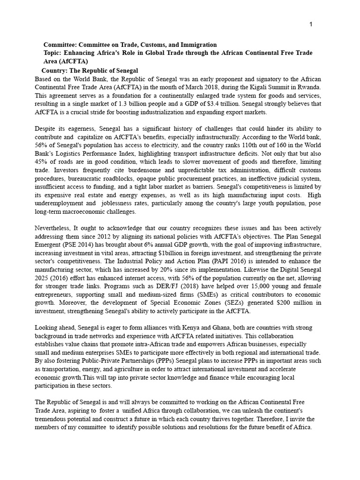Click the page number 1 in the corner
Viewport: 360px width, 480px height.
pyautogui.click(x=311, y=24)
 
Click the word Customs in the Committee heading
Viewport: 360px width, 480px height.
pyautogui.click(x=158, y=45)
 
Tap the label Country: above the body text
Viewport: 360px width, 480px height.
pyautogui.click(x=56, y=70)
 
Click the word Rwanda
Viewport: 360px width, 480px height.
pyautogui.click(x=308, y=87)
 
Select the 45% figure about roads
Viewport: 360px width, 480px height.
pyautogui.click(x=43, y=162)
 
